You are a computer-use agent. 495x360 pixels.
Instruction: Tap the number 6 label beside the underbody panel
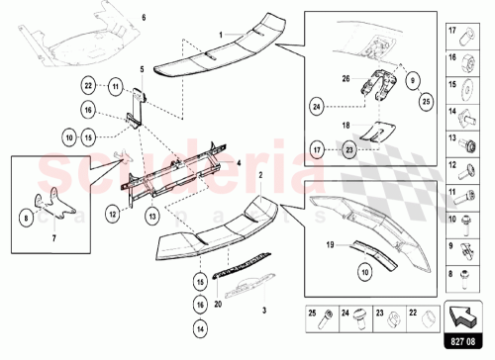(x=142, y=19)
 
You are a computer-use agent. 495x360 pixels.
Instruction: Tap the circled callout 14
(x=201, y=326)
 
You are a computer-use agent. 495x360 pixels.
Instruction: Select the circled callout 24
(x=317, y=103)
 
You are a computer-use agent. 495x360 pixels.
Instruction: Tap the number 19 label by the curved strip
(x=329, y=242)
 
